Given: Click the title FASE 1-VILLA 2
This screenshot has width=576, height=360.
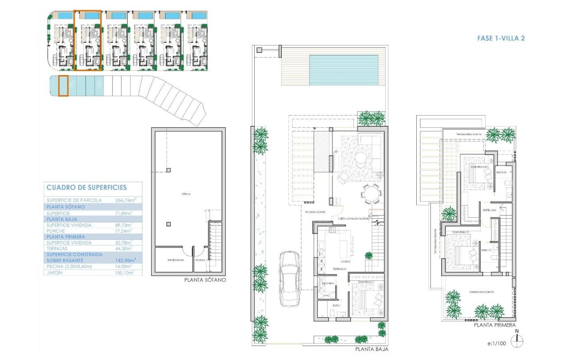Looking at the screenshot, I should click(501, 39).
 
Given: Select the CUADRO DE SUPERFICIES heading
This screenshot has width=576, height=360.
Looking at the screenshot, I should click(86, 188).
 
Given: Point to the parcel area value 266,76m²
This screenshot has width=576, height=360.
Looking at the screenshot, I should click(122, 200).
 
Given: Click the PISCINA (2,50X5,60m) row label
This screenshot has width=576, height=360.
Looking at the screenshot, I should click(69, 266).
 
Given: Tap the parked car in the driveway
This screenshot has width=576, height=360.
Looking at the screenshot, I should click(289, 279).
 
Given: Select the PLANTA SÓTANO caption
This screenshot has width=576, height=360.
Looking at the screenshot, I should click(205, 280).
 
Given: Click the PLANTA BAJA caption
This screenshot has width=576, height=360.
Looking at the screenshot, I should click(371, 349).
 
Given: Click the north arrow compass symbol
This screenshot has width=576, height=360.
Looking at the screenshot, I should click(517, 341).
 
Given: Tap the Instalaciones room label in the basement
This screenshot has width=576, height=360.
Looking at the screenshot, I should click(175, 260).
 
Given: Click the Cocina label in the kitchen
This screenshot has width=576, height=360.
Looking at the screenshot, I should click(346, 261).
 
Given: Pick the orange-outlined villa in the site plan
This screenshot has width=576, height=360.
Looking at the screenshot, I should click(88, 40).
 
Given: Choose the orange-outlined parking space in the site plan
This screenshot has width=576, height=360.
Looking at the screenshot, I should click(63, 85).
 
